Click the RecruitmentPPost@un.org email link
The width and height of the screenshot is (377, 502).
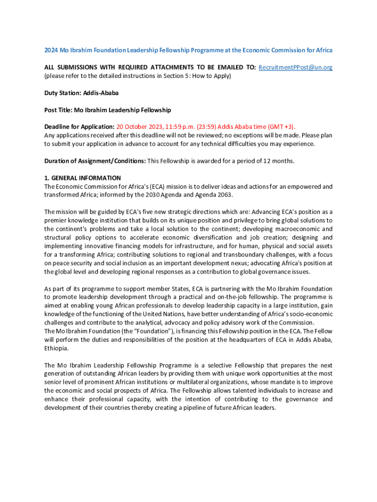click(295, 67)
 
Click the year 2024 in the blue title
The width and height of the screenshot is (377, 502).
click(51, 50)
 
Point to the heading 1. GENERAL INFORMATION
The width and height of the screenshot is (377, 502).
click(82, 178)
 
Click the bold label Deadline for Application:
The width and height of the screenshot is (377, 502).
click(79, 126)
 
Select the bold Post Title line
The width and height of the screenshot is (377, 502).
click(107, 110)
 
